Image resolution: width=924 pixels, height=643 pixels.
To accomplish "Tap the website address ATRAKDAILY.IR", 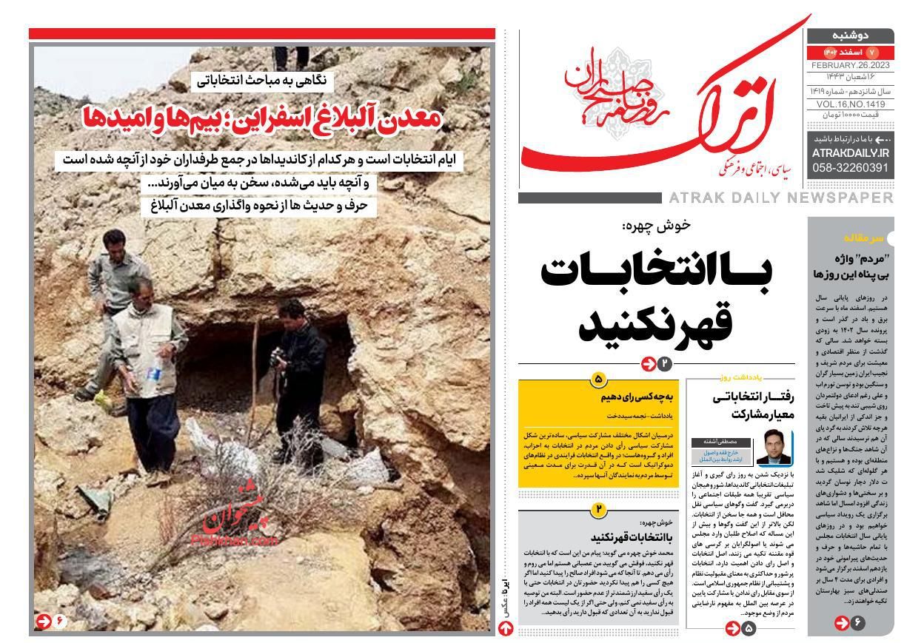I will (850, 152).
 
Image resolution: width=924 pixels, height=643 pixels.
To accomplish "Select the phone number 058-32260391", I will (850, 168).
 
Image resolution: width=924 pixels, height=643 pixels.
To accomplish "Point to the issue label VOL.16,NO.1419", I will (850, 104).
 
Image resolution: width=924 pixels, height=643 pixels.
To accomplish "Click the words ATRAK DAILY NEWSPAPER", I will (780, 198).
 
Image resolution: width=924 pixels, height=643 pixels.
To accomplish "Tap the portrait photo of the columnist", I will (774, 447).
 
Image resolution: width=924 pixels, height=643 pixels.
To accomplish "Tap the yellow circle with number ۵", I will (598, 380).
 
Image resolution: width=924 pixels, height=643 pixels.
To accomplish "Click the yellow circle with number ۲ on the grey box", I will (598, 509).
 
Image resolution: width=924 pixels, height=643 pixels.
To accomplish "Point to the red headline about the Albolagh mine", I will (263, 118).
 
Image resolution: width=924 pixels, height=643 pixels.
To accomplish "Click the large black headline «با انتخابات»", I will (657, 273).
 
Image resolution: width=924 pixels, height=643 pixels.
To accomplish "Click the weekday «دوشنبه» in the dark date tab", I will (849, 36).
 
